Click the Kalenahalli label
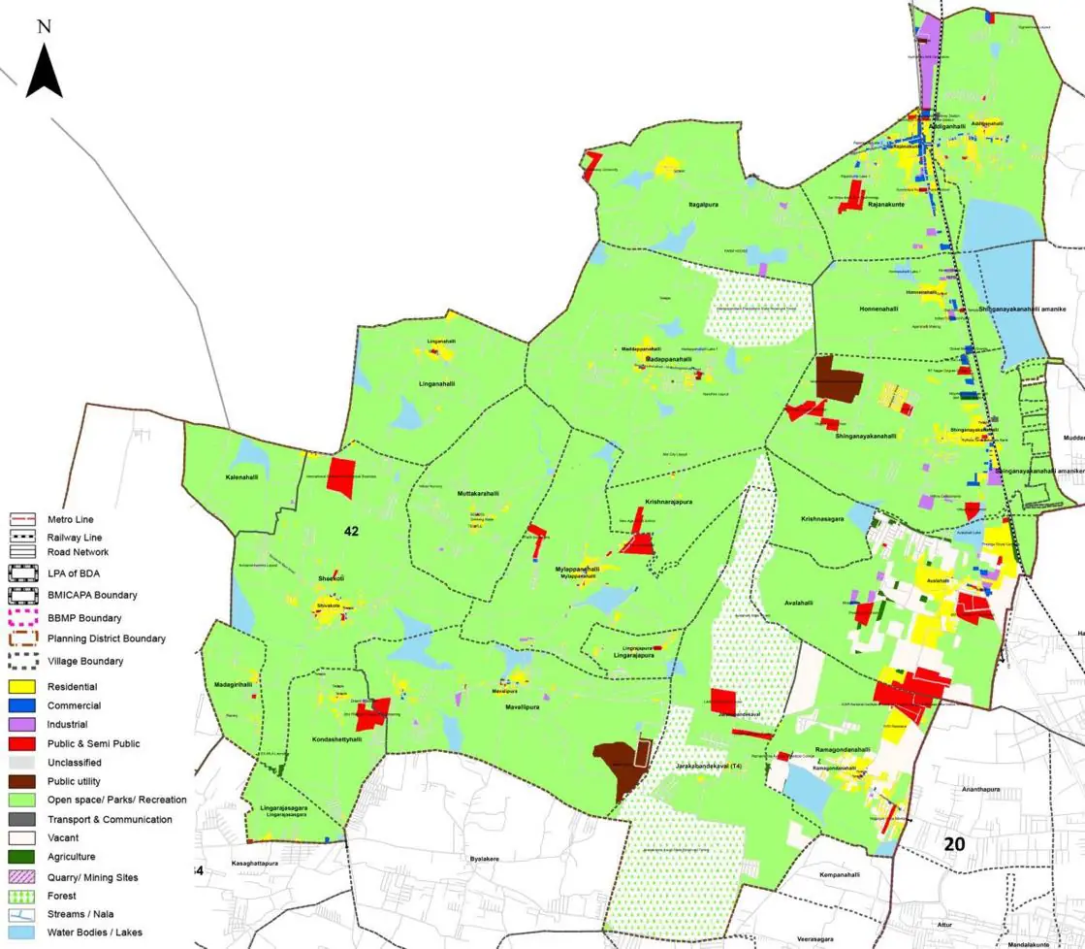point(242,477)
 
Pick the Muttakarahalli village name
point(477,494)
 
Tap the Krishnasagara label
point(822,519)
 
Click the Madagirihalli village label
point(233,684)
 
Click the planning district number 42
point(351,531)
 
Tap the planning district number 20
point(954,844)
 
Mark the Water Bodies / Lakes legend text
point(94,933)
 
